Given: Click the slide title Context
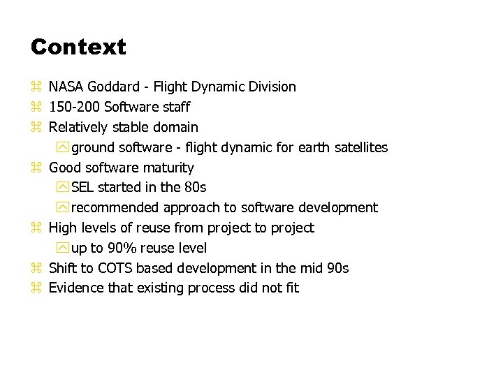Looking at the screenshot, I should tap(78, 47).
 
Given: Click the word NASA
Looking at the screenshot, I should tap(66, 87).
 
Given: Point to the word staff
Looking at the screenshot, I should tap(175, 108).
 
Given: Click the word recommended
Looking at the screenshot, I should tap(115, 208).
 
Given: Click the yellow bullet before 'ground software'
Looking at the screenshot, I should tap(64, 148).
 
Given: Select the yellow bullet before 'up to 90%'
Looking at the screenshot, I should tap(64, 249).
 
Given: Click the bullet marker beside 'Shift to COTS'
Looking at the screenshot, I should tap(36, 269).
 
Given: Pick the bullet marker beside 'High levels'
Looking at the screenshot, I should tap(36, 228).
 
